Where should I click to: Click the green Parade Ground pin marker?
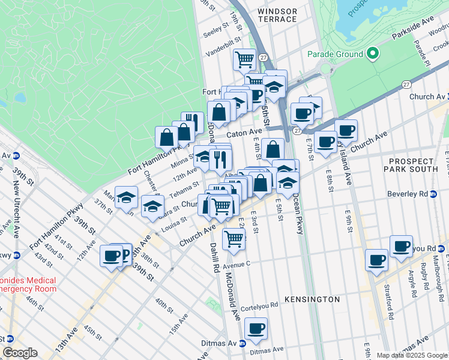(x=372, y=54)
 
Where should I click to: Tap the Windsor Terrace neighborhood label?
(x=277, y=15)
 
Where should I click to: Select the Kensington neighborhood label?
(x=312, y=299)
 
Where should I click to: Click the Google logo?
(x=20, y=353)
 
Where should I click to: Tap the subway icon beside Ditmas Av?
(x=242, y=343)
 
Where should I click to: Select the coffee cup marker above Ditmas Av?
(x=256, y=329)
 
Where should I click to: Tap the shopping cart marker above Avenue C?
(x=234, y=239)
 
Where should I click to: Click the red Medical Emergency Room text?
(x=28, y=284)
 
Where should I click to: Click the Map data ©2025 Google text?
(x=411, y=355)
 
